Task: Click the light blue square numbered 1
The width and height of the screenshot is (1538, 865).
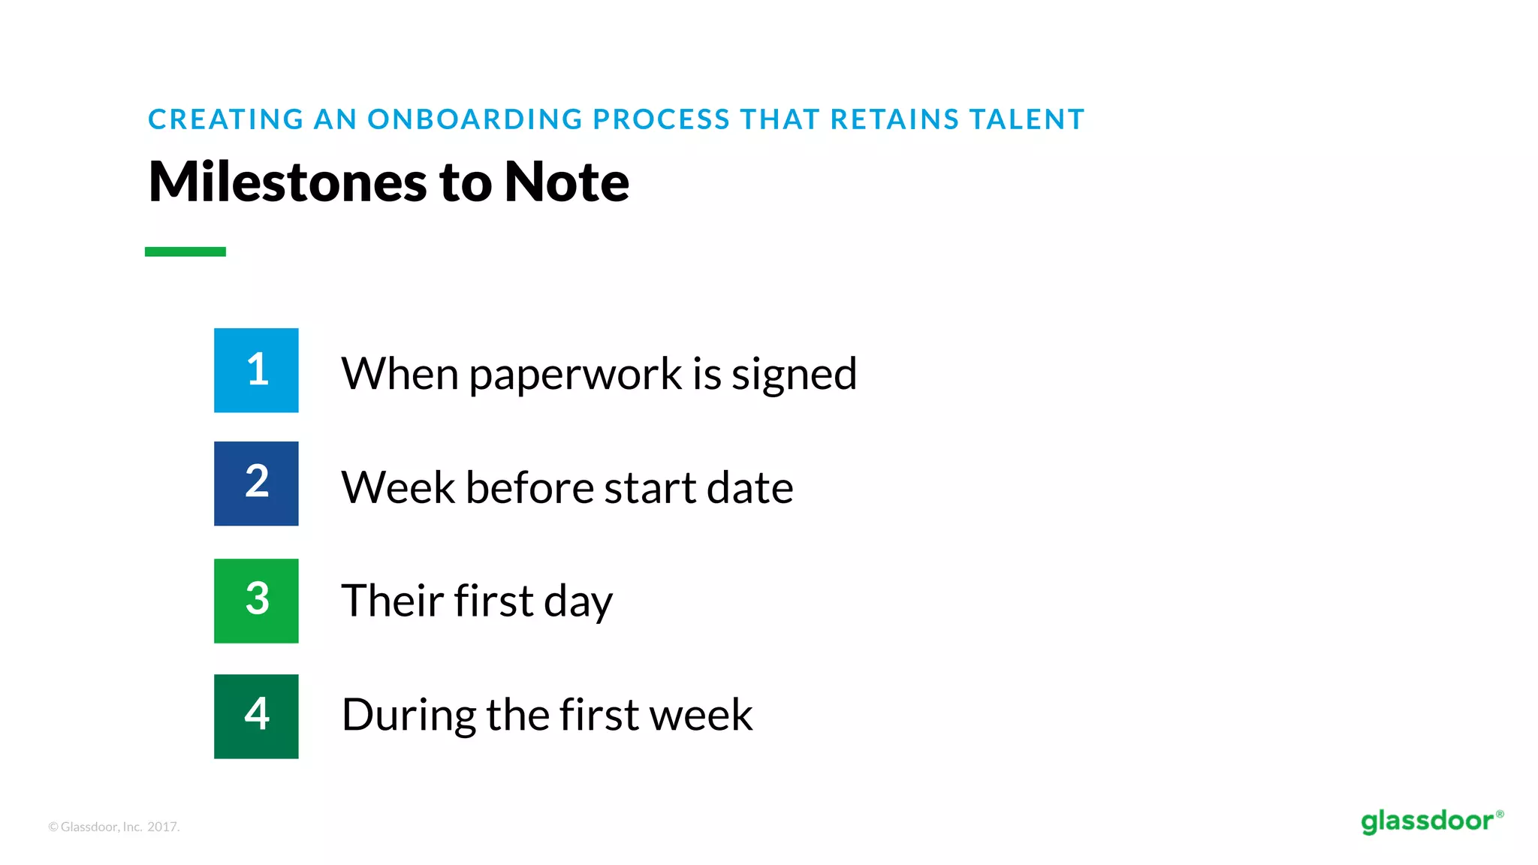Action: (256, 370)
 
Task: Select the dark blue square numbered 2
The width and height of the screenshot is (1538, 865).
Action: (256, 484)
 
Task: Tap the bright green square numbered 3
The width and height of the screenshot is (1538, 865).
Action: (256, 601)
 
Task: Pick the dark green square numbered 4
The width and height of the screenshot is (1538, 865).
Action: (256, 716)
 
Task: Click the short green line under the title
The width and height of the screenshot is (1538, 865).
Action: (185, 252)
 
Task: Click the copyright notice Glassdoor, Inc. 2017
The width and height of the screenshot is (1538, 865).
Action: (114, 827)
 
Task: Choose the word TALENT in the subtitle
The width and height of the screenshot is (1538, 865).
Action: (1027, 119)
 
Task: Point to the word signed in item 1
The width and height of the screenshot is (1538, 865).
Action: (794, 375)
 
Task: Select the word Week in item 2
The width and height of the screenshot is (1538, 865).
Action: (398, 487)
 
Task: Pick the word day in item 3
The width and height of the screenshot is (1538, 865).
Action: (578, 603)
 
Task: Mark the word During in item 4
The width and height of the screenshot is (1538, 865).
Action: (409, 715)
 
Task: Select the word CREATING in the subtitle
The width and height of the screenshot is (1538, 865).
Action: (225, 119)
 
